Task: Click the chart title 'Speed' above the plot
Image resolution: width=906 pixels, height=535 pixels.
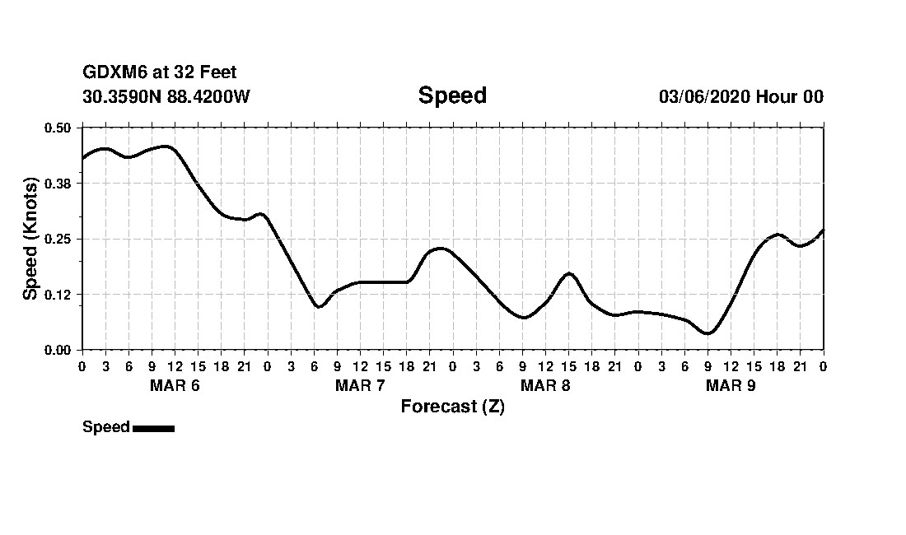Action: pyautogui.click(x=452, y=95)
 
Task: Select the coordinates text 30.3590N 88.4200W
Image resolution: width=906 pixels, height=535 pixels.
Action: pyautogui.click(x=166, y=96)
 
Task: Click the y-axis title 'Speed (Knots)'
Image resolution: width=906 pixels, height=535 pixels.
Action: pyautogui.click(x=30, y=239)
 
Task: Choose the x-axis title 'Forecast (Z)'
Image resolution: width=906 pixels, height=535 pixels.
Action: pyautogui.click(x=452, y=407)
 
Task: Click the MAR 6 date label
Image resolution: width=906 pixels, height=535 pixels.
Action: pyautogui.click(x=175, y=386)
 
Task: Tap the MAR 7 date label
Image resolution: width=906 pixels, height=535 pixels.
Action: pyautogui.click(x=360, y=386)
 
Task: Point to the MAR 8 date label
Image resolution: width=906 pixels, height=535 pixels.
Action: pyautogui.click(x=545, y=386)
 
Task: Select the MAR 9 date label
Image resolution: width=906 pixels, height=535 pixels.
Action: pyautogui.click(x=731, y=386)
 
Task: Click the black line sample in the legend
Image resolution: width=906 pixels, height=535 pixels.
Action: pyautogui.click(x=153, y=428)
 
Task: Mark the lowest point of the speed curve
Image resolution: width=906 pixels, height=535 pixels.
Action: pyautogui.click(x=708, y=333)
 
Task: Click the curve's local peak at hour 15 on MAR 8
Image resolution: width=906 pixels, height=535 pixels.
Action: pyautogui.click(x=569, y=273)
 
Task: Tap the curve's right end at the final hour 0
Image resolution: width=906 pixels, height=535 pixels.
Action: pyautogui.click(x=823, y=230)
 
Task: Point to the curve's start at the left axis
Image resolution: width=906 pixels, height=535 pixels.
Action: pyautogui.click(x=82, y=158)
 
